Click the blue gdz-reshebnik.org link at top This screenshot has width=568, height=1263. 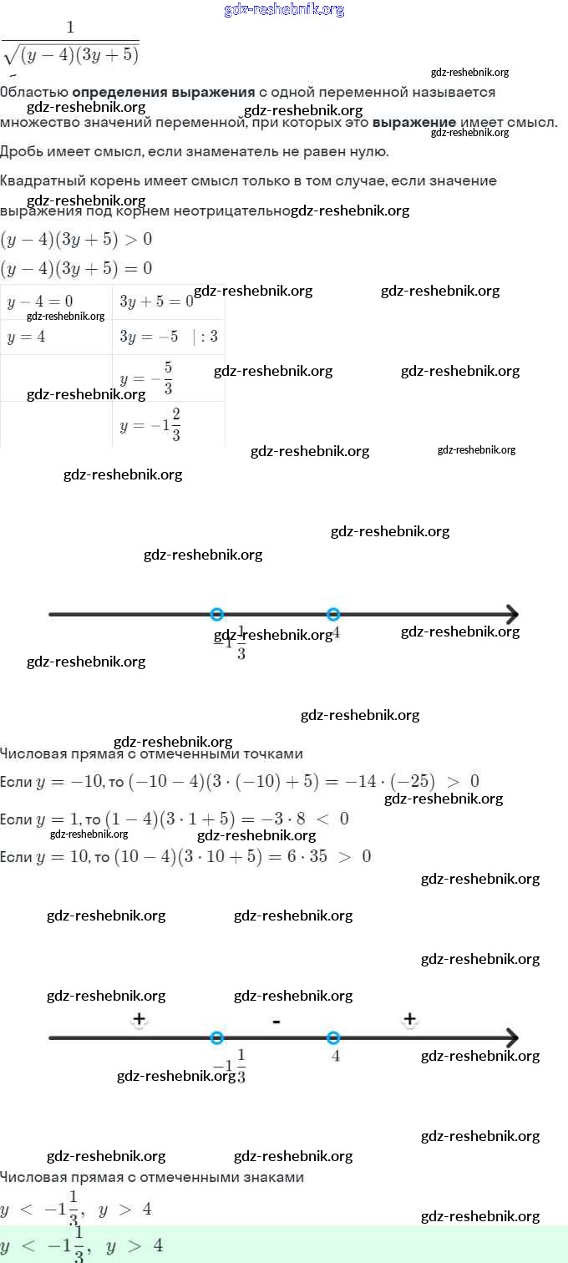pyautogui.click(x=284, y=10)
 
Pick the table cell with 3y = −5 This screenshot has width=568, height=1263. pyautogui.click(x=168, y=337)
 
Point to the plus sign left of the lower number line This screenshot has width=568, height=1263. pyautogui.click(x=139, y=1019)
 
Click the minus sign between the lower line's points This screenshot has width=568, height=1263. pyautogui.click(x=276, y=1021)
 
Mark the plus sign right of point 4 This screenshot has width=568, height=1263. pyautogui.click(x=409, y=1019)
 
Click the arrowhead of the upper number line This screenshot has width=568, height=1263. pyautogui.click(x=511, y=615)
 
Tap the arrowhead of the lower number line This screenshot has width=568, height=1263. pyautogui.click(x=511, y=1038)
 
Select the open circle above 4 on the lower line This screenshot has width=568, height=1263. pyautogui.click(x=333, y=1038)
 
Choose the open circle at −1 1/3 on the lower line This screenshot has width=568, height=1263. pyautogui.click(x=217, y=1038)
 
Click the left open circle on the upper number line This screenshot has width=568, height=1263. pyautogui.click(x=217, y=615)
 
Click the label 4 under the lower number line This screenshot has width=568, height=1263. pyautogui.click(x=335, y=1056)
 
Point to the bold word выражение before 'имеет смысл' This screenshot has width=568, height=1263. pyautogui.click(x=414, y=122)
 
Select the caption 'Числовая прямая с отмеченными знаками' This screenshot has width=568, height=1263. pyautogui.click(x=152, y=1177)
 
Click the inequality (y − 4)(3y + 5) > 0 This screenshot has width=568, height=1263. pyautogui.click(x=76, y=240)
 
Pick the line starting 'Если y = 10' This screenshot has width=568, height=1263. pyautogui.click(x=185, y=856)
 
